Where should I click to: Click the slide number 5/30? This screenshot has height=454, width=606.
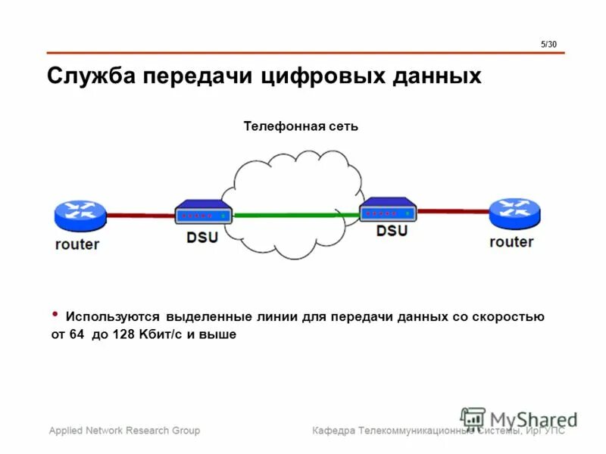point(548,45)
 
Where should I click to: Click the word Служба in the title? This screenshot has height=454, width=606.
point(92,77)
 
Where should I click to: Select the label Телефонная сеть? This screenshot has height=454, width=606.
point(301,126)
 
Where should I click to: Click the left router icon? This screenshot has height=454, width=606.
point(80,215)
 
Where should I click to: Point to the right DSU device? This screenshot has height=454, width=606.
point(388,208)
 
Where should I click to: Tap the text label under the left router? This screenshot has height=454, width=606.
point(77,244)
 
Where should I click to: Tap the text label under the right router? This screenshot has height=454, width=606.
point(511,241)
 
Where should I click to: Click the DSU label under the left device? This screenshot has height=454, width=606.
point(202,237)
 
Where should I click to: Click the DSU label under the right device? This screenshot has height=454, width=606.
point(392,230)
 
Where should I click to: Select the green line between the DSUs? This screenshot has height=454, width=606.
point(295,215)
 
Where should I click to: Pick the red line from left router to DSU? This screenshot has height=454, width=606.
point(140,215)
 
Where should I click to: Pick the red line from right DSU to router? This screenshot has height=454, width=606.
point(453,211)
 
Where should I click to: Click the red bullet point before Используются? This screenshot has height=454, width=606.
point(55,313)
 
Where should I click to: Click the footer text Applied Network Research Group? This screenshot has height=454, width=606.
point(125,431)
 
